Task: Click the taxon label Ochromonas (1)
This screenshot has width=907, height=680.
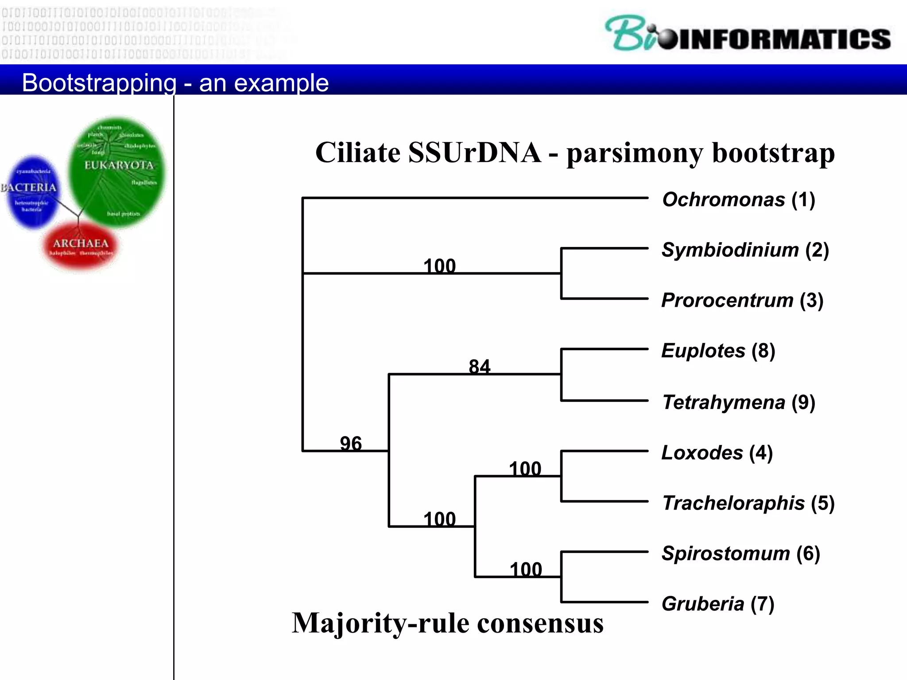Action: (x=738, y=200)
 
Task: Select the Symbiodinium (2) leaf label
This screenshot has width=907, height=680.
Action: (x=745, y=250)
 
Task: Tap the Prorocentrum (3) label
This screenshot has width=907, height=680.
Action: (x=742, y=301)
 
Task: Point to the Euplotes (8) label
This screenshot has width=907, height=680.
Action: (x=718, y=351)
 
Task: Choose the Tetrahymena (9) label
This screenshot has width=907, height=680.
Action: (x=738, y=402)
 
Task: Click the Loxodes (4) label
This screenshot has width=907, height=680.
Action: (x=717, y=453)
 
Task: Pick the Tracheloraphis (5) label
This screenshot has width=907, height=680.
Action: (x=748, y=503)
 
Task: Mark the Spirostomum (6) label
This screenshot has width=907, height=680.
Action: (x=740, y=554)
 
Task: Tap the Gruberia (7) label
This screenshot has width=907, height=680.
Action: (x=717, y=604)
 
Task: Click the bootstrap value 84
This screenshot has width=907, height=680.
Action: (x=480, y=367)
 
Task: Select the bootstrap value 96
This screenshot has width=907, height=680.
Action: (x=351, y=443)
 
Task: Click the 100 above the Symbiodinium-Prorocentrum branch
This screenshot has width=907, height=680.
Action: (x=439, y=266)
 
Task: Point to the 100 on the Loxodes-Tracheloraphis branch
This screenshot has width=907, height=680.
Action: (x=525, y=469)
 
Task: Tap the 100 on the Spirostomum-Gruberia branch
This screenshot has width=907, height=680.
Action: (x=526, y=569)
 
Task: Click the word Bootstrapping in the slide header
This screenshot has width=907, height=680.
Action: (x=99, y=83)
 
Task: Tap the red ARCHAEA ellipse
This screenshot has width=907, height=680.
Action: (x=81, y=246)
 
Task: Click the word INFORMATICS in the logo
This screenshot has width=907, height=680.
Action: (x=784, y=39)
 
